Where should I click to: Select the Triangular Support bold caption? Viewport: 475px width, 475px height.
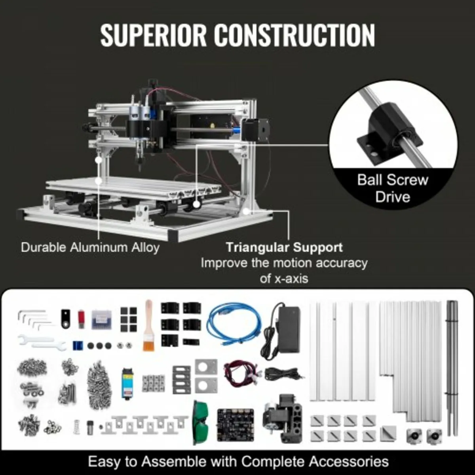[x=284, y=247]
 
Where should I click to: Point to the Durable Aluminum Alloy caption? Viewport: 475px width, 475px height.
[x=90, y=247]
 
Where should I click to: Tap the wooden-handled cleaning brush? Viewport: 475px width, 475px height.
[x=149, y=325]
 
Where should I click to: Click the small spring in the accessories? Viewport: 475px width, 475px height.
[x=77, y=427]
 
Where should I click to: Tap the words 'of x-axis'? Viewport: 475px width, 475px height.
[x=284, y=279]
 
